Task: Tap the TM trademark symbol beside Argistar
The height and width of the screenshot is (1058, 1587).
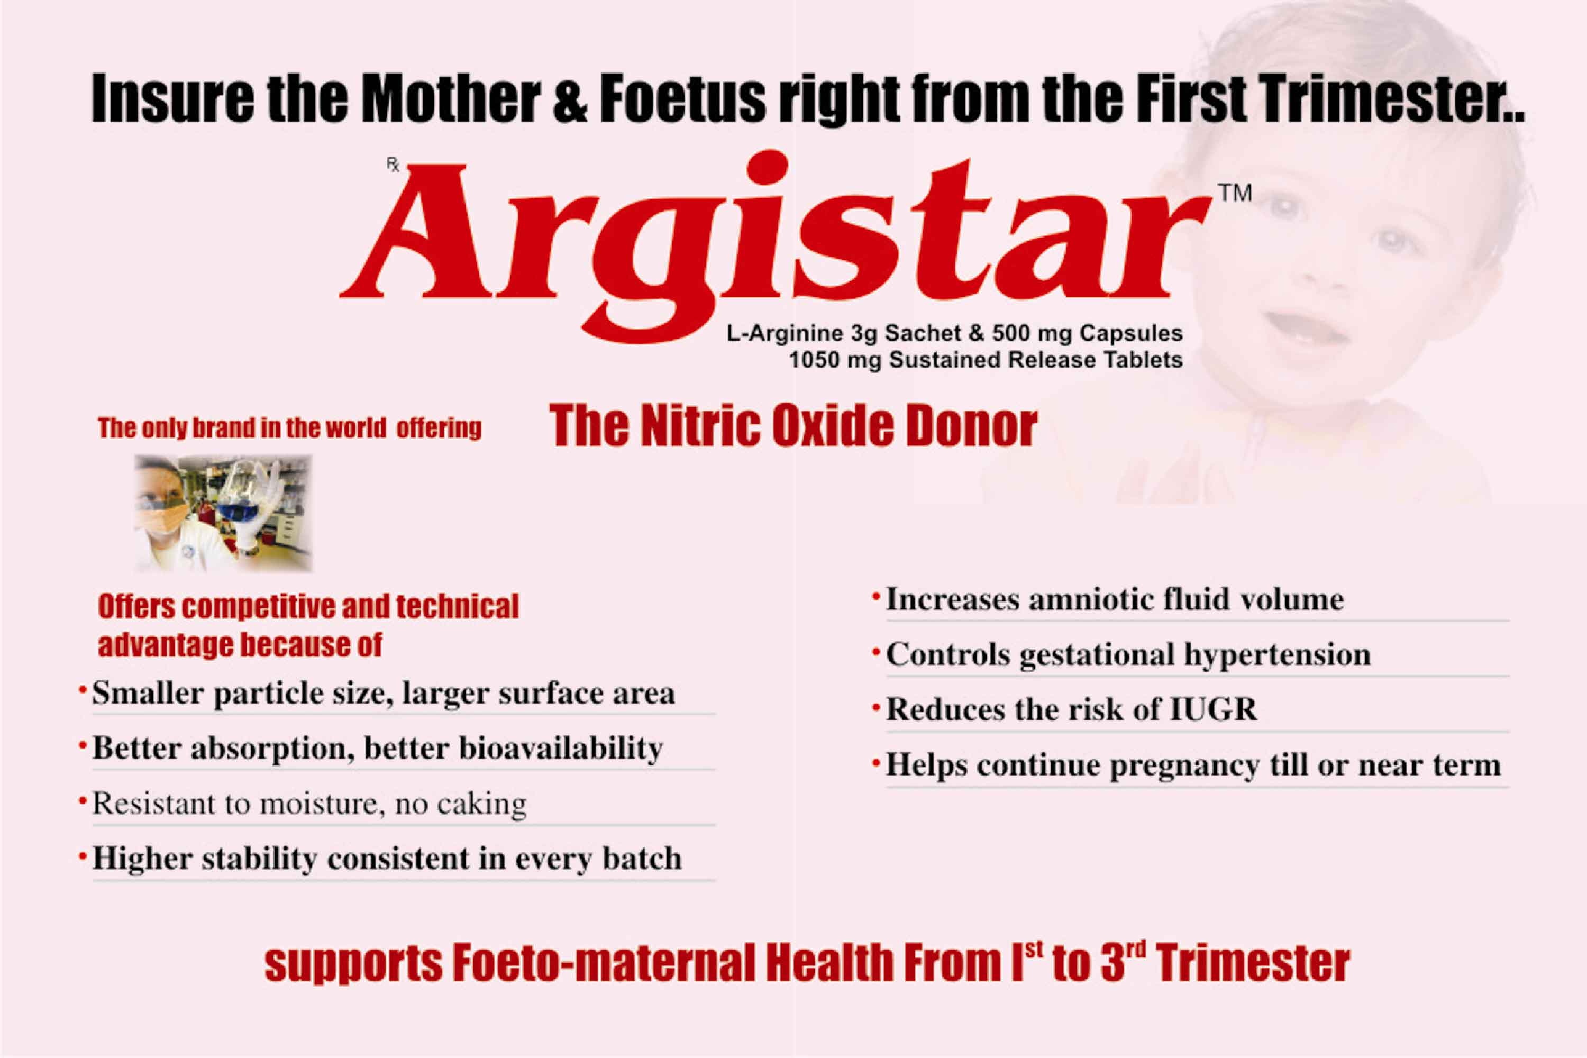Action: point(1235,193)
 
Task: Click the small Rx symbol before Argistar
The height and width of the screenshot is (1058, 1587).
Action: point(393,164)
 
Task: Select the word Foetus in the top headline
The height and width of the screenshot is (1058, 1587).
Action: point(682,98)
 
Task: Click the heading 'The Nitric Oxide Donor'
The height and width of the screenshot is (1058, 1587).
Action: point(793,426)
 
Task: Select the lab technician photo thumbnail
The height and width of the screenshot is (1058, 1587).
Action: point(223,514)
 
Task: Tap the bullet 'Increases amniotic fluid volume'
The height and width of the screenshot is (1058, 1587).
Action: point(1114,599)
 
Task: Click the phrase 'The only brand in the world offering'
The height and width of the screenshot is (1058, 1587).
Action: point(289,428)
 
